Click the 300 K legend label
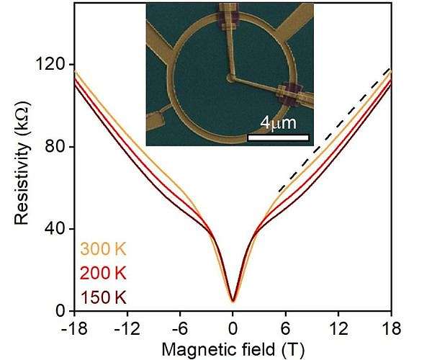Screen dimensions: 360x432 click(x=103, y=250)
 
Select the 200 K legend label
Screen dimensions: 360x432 click(x=103, y=273)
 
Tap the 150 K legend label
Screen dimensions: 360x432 click(x=103, y=296)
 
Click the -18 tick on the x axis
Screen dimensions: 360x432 click(x=72, y=325)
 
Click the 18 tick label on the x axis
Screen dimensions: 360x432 click(x=391, y=325)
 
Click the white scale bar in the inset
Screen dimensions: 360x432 click(x=278, y=137)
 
